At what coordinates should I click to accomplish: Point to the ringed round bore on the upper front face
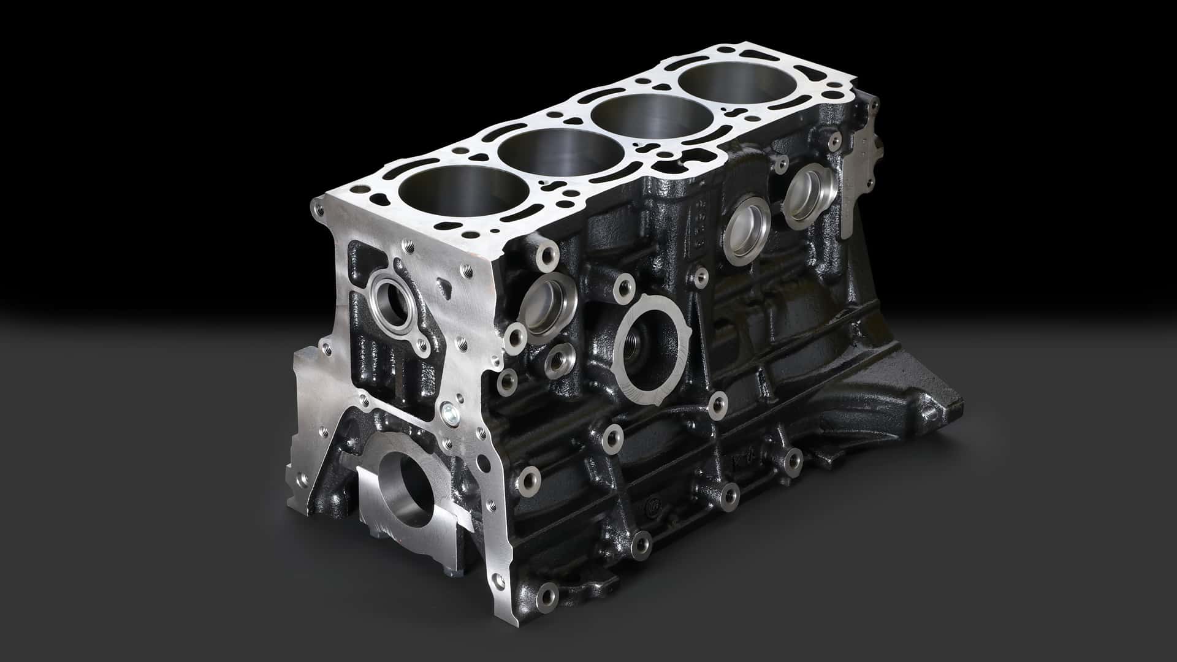(x=390, y=301)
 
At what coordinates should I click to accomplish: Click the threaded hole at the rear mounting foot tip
(x=935, y=414)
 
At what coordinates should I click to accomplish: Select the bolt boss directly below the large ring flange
(x=717, y=403)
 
